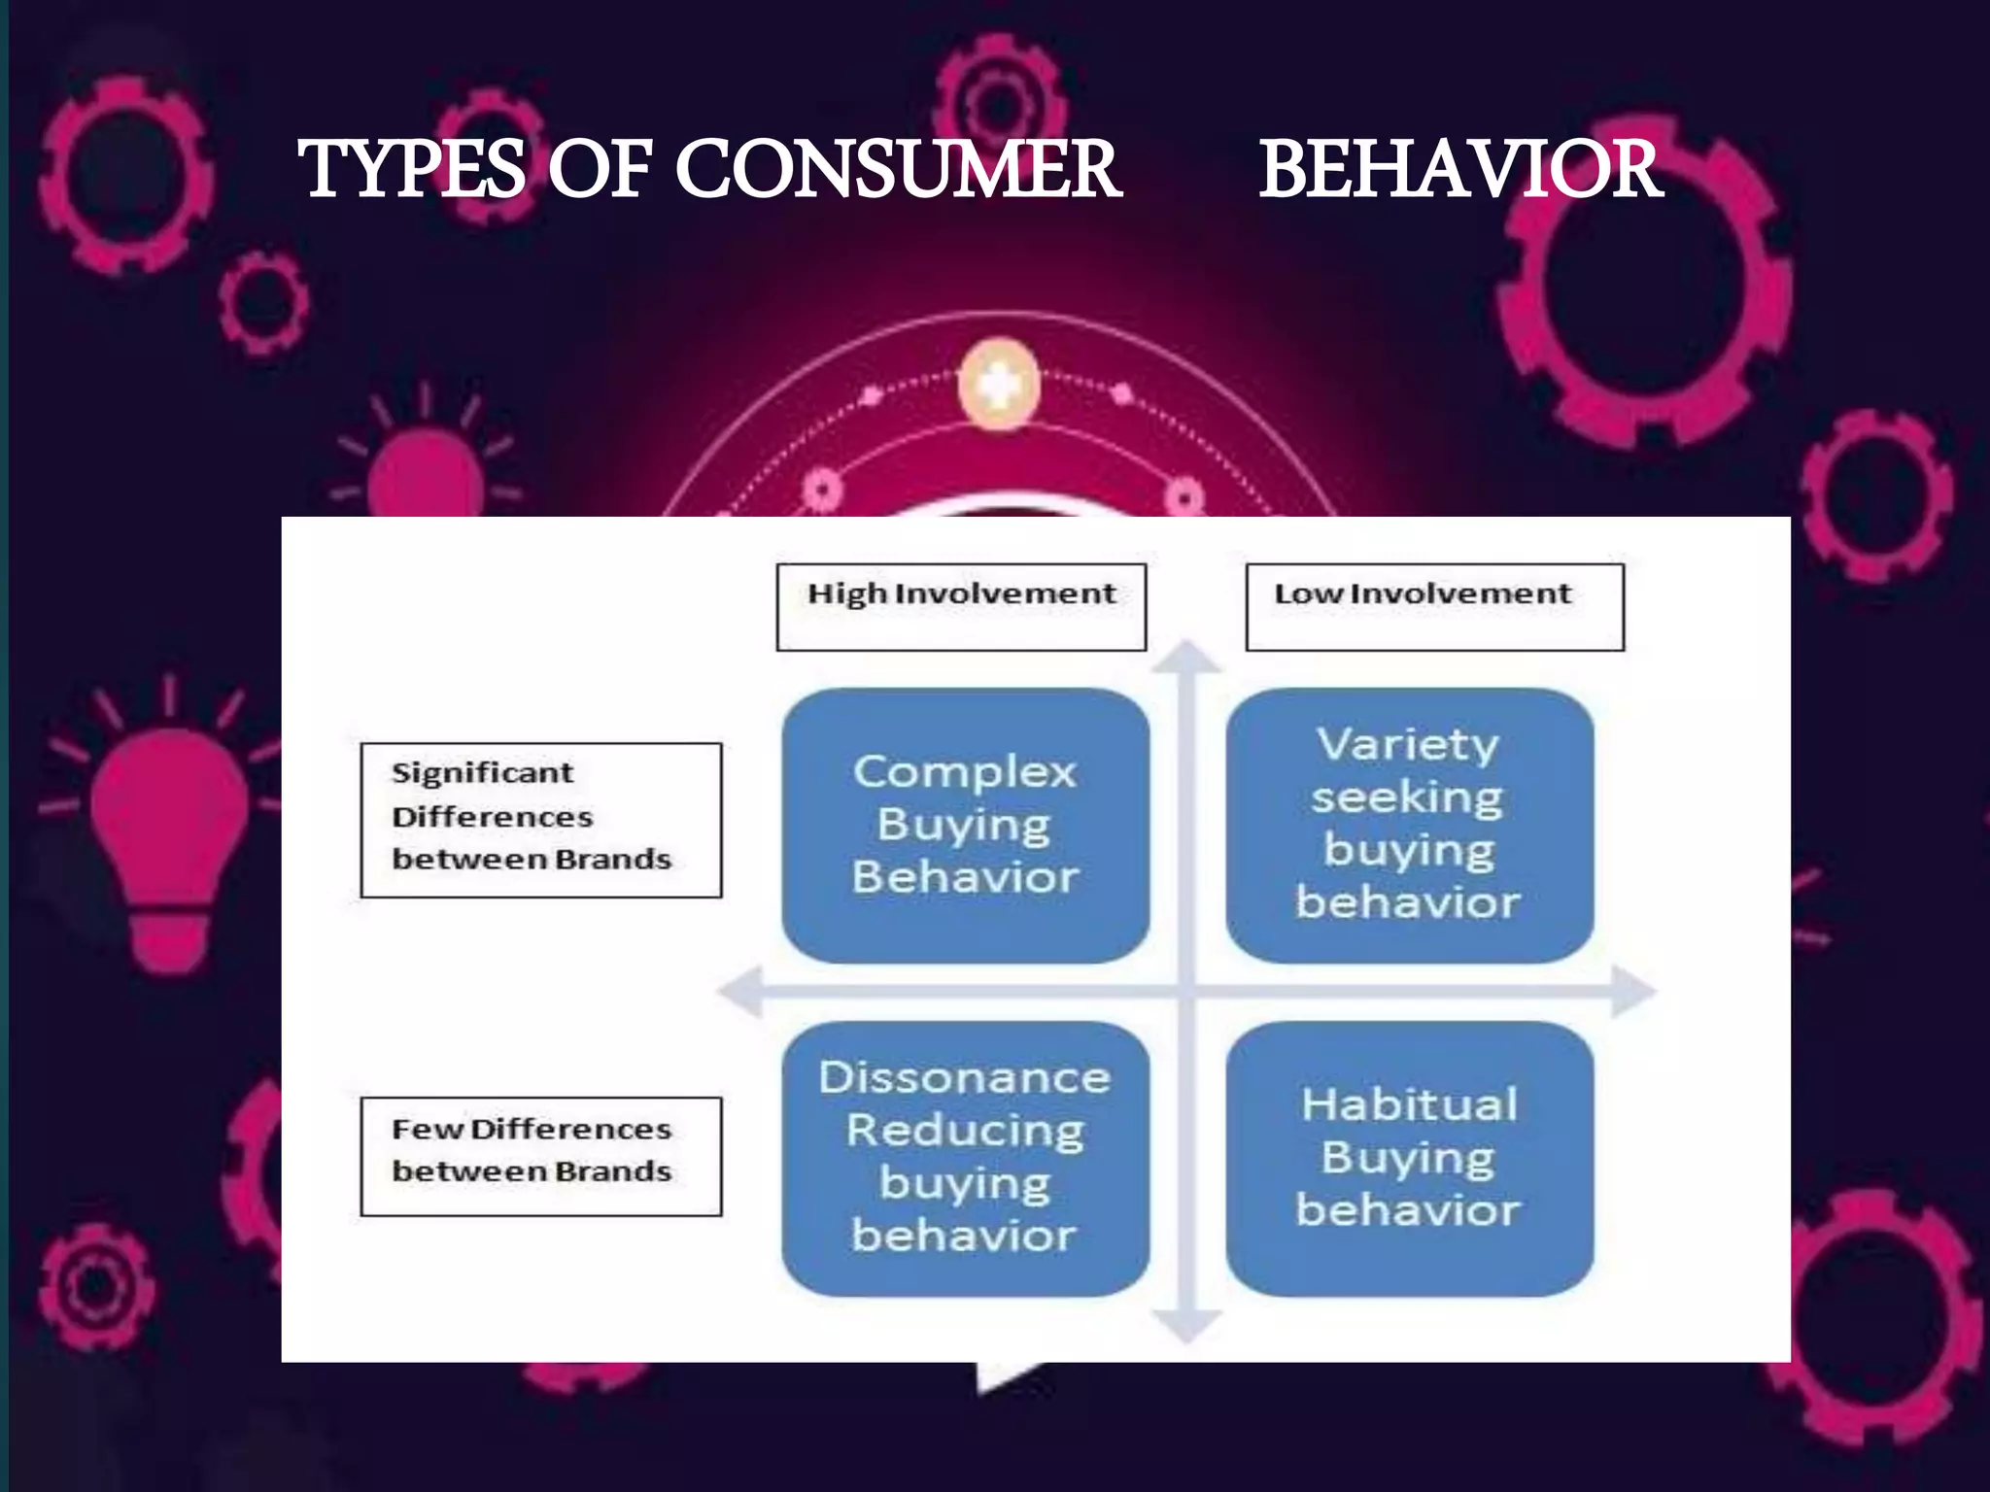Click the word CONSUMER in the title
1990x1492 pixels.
[x=898, y=170]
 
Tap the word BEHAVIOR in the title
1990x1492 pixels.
[x=1460, y=170]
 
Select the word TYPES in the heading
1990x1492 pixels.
[x=412, y=170]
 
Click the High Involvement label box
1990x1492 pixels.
[x=961, y=607]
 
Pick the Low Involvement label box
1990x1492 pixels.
[x=1434, y=607]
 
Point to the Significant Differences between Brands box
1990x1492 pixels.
[x=541, y=820]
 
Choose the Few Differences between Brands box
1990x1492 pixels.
[x=541, y=1156]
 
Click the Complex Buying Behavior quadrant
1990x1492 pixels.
[x=965, y=826]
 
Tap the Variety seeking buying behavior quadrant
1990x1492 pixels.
[x=1409, y=826]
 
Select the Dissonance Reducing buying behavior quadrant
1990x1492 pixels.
[x=965, y=1158]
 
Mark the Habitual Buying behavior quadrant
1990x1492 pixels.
[x=1409, y=1158]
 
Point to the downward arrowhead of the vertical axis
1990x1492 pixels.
[x=1186, y=1326]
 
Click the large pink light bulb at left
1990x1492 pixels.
[x=170, y=835]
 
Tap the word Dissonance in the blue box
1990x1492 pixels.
[x=964, y=1078]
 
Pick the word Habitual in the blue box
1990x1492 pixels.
[x=1409, y=1105]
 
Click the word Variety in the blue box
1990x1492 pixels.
[x=1408, y=746]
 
